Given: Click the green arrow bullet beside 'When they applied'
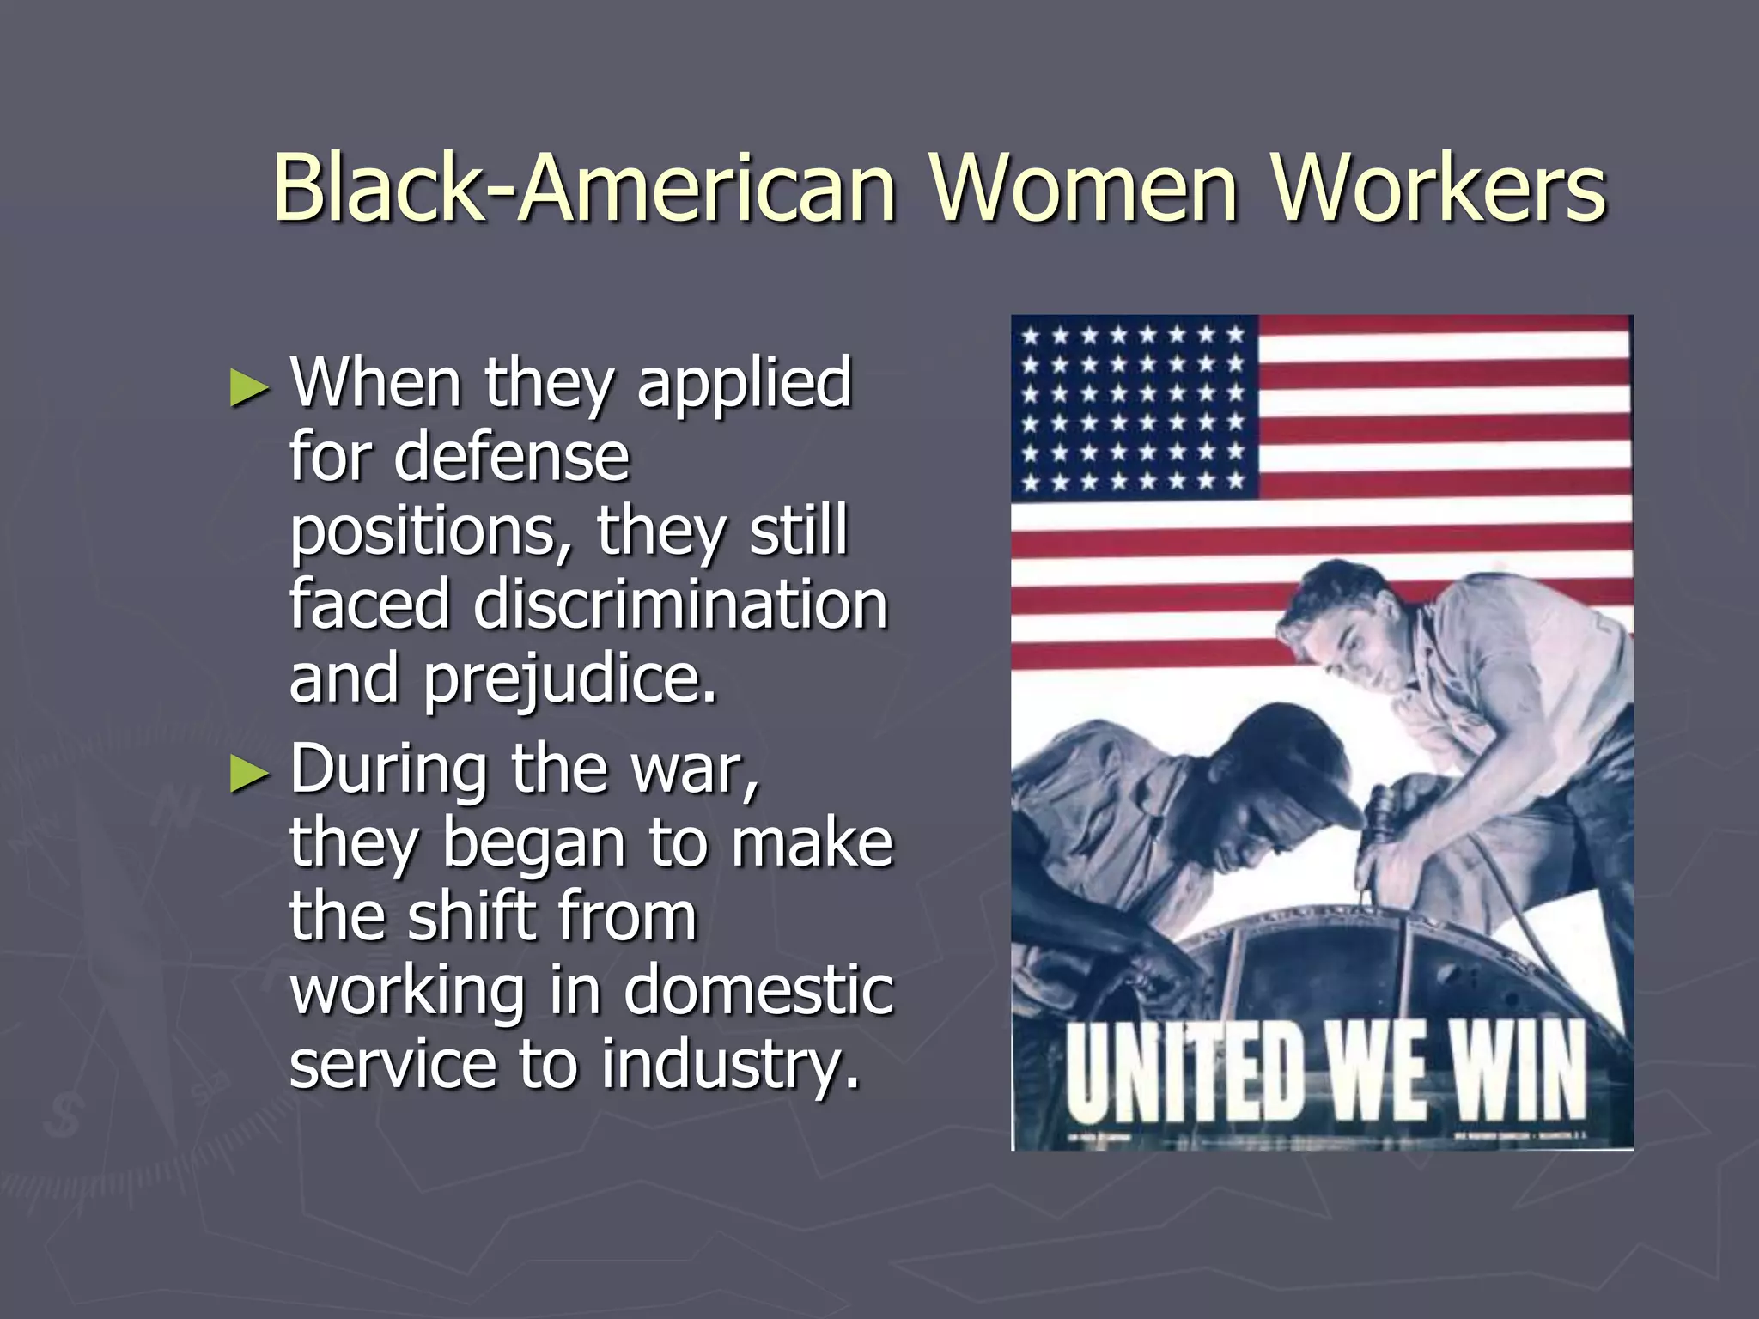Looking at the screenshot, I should point(249,388).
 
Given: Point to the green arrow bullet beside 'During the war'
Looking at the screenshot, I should point(249,775).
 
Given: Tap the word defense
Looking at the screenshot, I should point(512,456).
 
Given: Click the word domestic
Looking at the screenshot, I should point(758,990).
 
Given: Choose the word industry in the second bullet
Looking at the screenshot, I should point(730,1065).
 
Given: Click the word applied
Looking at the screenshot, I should point(744,384).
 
